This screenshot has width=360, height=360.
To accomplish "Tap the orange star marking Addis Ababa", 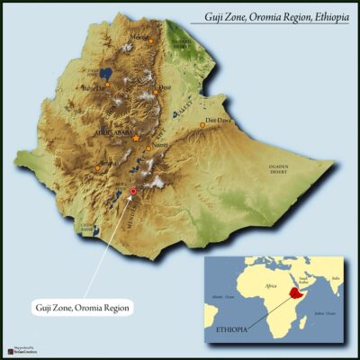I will point(136,138).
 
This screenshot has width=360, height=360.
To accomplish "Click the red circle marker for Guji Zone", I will point(133,192).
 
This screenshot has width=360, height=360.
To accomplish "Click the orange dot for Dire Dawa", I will point(203,125).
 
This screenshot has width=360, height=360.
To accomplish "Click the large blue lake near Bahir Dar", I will point(106,73).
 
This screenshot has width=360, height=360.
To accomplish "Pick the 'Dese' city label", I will point(165,87).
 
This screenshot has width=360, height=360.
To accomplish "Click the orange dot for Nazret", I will point(148,148).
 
